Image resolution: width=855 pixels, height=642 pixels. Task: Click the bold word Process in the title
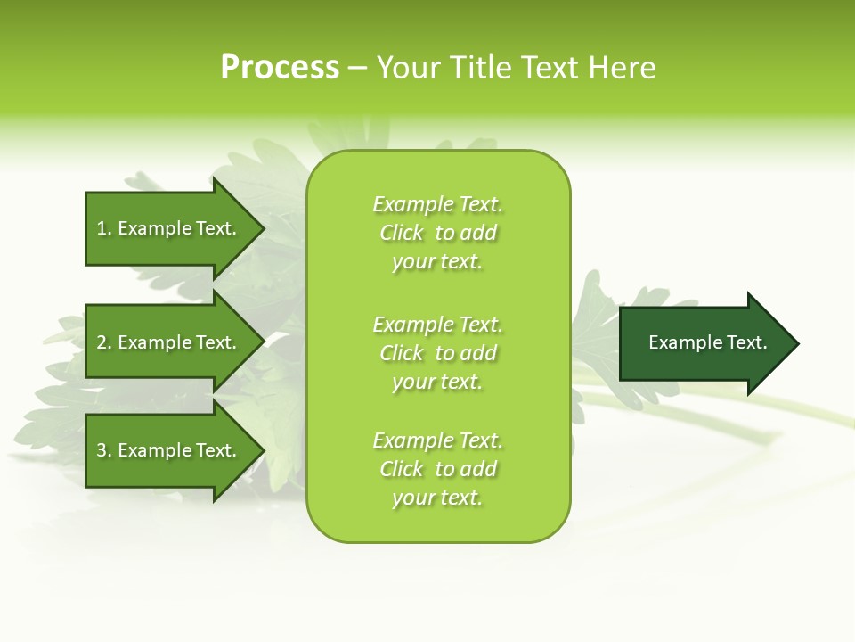tap(280, 68)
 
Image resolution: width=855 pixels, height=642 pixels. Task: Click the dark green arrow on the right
tap(704, 342)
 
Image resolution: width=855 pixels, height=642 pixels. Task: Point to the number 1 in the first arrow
tap(102, 228)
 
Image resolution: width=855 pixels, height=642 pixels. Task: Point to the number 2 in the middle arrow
tap(102, 342)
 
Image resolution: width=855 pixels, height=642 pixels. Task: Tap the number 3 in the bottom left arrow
tap(102, 450)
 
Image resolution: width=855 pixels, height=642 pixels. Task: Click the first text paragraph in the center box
tap(437, 233)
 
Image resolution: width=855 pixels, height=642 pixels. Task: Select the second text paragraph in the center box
tap(437, 353)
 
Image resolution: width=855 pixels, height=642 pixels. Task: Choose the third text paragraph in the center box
tap(437, 469)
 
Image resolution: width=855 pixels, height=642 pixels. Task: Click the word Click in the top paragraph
tap(401, 233)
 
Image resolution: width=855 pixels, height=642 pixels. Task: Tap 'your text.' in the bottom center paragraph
tap(437, 498)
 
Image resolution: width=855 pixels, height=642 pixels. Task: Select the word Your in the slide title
tap(409, 68)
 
